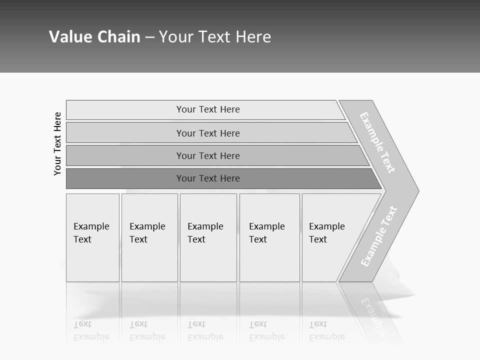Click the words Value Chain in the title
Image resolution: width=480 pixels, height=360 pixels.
94,37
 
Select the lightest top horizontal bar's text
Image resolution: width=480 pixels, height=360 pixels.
208,109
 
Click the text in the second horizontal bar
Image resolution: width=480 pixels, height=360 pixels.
208,133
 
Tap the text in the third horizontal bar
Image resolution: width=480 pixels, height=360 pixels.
208,156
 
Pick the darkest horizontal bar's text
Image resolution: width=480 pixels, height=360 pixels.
208,178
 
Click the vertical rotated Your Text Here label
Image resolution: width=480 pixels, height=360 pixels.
57,143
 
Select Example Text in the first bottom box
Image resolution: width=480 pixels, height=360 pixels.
91,233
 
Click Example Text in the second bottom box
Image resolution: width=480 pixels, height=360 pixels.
147,233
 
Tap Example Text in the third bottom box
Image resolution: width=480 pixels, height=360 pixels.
205,233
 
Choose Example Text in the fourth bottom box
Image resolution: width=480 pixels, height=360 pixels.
266,233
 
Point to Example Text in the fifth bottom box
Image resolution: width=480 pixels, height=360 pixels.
326,233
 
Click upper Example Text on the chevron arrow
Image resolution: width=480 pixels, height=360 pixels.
377,142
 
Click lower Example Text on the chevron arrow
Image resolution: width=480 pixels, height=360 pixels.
379,236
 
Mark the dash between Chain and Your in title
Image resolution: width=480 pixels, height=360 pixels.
149,37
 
